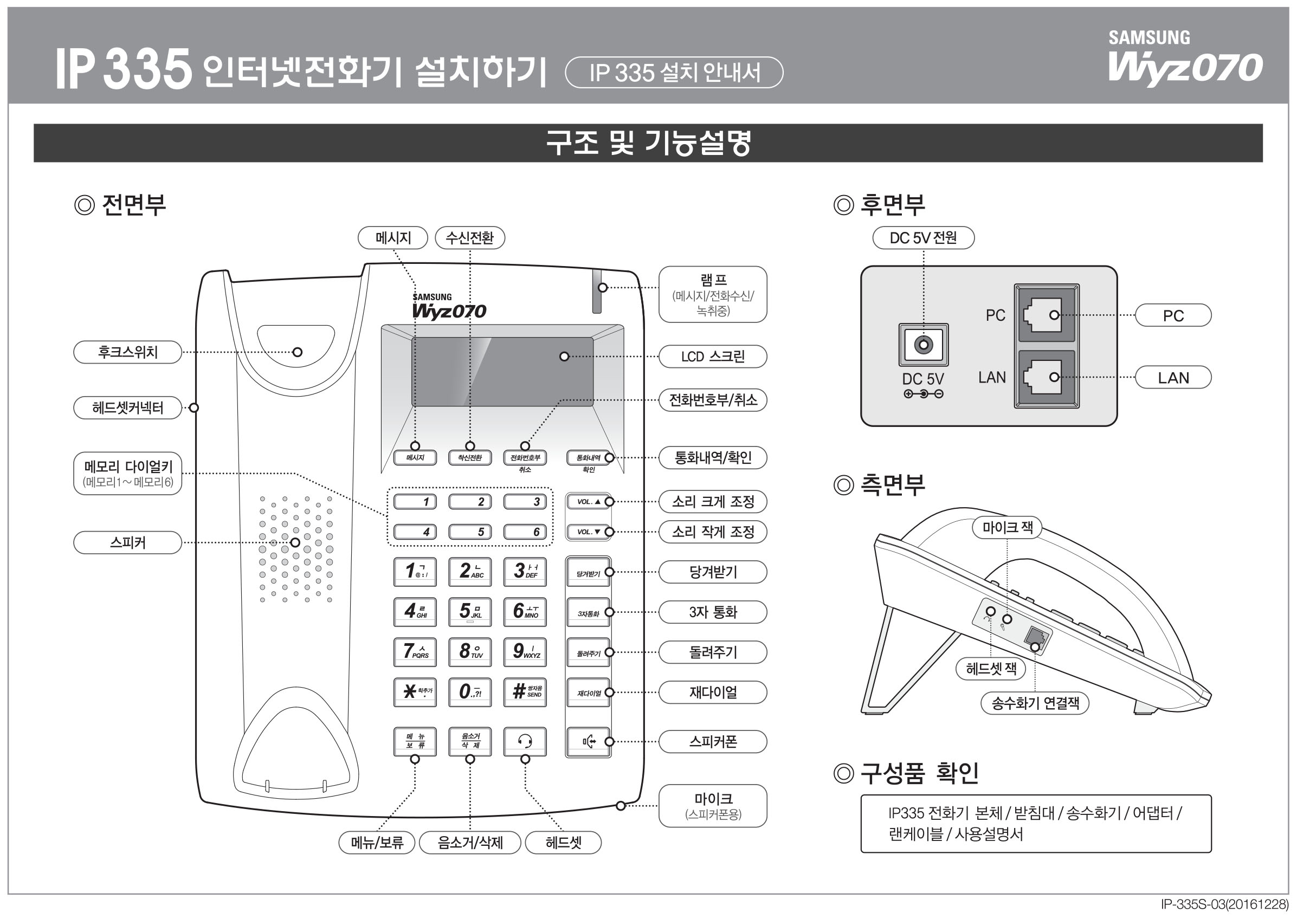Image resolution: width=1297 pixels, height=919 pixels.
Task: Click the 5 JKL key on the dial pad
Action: click(x=470, y=612)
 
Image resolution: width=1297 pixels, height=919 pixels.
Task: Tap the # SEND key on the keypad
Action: click(x=525, y=691)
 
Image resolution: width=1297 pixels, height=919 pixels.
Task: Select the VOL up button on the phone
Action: click(x=588, y=502)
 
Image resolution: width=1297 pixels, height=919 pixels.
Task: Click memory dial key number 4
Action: click(x=415, y=532)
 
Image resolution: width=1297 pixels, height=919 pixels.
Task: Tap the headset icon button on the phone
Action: click(x=525, y=741)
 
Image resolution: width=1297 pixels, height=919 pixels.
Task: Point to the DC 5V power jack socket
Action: click(x=924, y=345)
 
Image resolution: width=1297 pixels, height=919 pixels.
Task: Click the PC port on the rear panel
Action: click(x=1046, y=315)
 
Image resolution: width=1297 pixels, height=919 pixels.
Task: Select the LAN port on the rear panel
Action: click(x=1046, y=378)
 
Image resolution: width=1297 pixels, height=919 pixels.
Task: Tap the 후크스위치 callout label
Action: click(x=127, y=352)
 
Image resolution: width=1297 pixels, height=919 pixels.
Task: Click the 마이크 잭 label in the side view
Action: click(x=1006, y=527)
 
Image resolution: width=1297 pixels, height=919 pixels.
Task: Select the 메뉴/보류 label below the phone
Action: click(x=376, y=843)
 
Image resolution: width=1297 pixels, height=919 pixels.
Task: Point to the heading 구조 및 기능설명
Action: click(x=648, y=143)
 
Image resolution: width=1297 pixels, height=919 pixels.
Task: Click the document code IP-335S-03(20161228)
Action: click(x=1224, y=905)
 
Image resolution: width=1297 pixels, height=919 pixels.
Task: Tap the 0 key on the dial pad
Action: click(x=470, y=691)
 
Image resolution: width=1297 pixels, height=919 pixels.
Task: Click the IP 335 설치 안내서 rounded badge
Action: click(x=674, y=73)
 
